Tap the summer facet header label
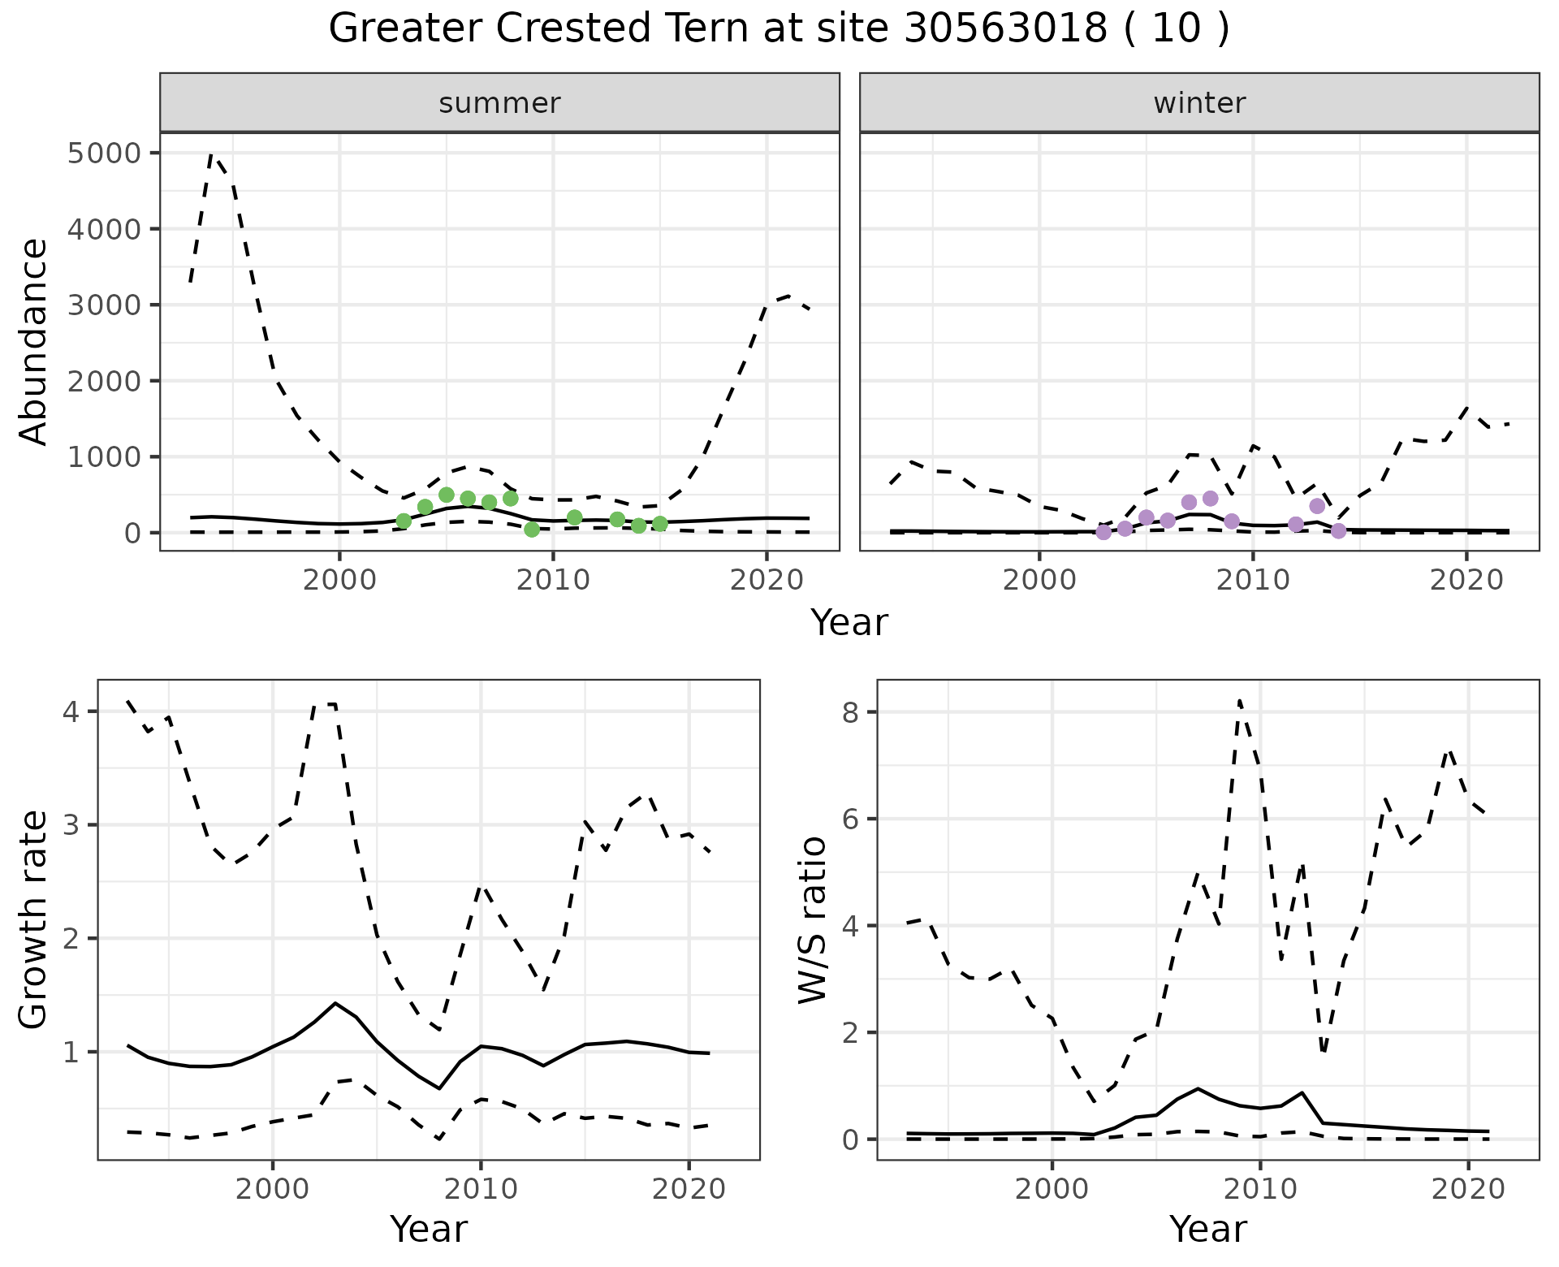pyautogui.click(x=499, y=103)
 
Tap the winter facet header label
pyautogui.click(x=1199, y=103)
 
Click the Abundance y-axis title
pyautogui.click(x=34, y=341)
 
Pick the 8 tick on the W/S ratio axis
pyautogui.click(x=849, y=712)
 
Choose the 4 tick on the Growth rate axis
pyautogui.click(x=71, y=712)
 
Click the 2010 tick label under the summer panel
pyautogui.click(x=553, y=581)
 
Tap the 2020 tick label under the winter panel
pyautogui.click(x=1466, y=581)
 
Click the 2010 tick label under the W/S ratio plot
pyautogui.click(x=1260, y=1190)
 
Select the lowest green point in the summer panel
pyautogui.click(x=532, y=530)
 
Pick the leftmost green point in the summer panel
pyautogui.click(x=404, y=521)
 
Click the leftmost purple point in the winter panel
pyautogui.click(x=1103, y=532)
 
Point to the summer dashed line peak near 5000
pyautogui.click(x=212, y=154)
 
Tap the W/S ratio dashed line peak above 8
pyautogui.click(x=1239, y=700)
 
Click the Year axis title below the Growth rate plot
pyautogui.click(x=429, y=1230)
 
